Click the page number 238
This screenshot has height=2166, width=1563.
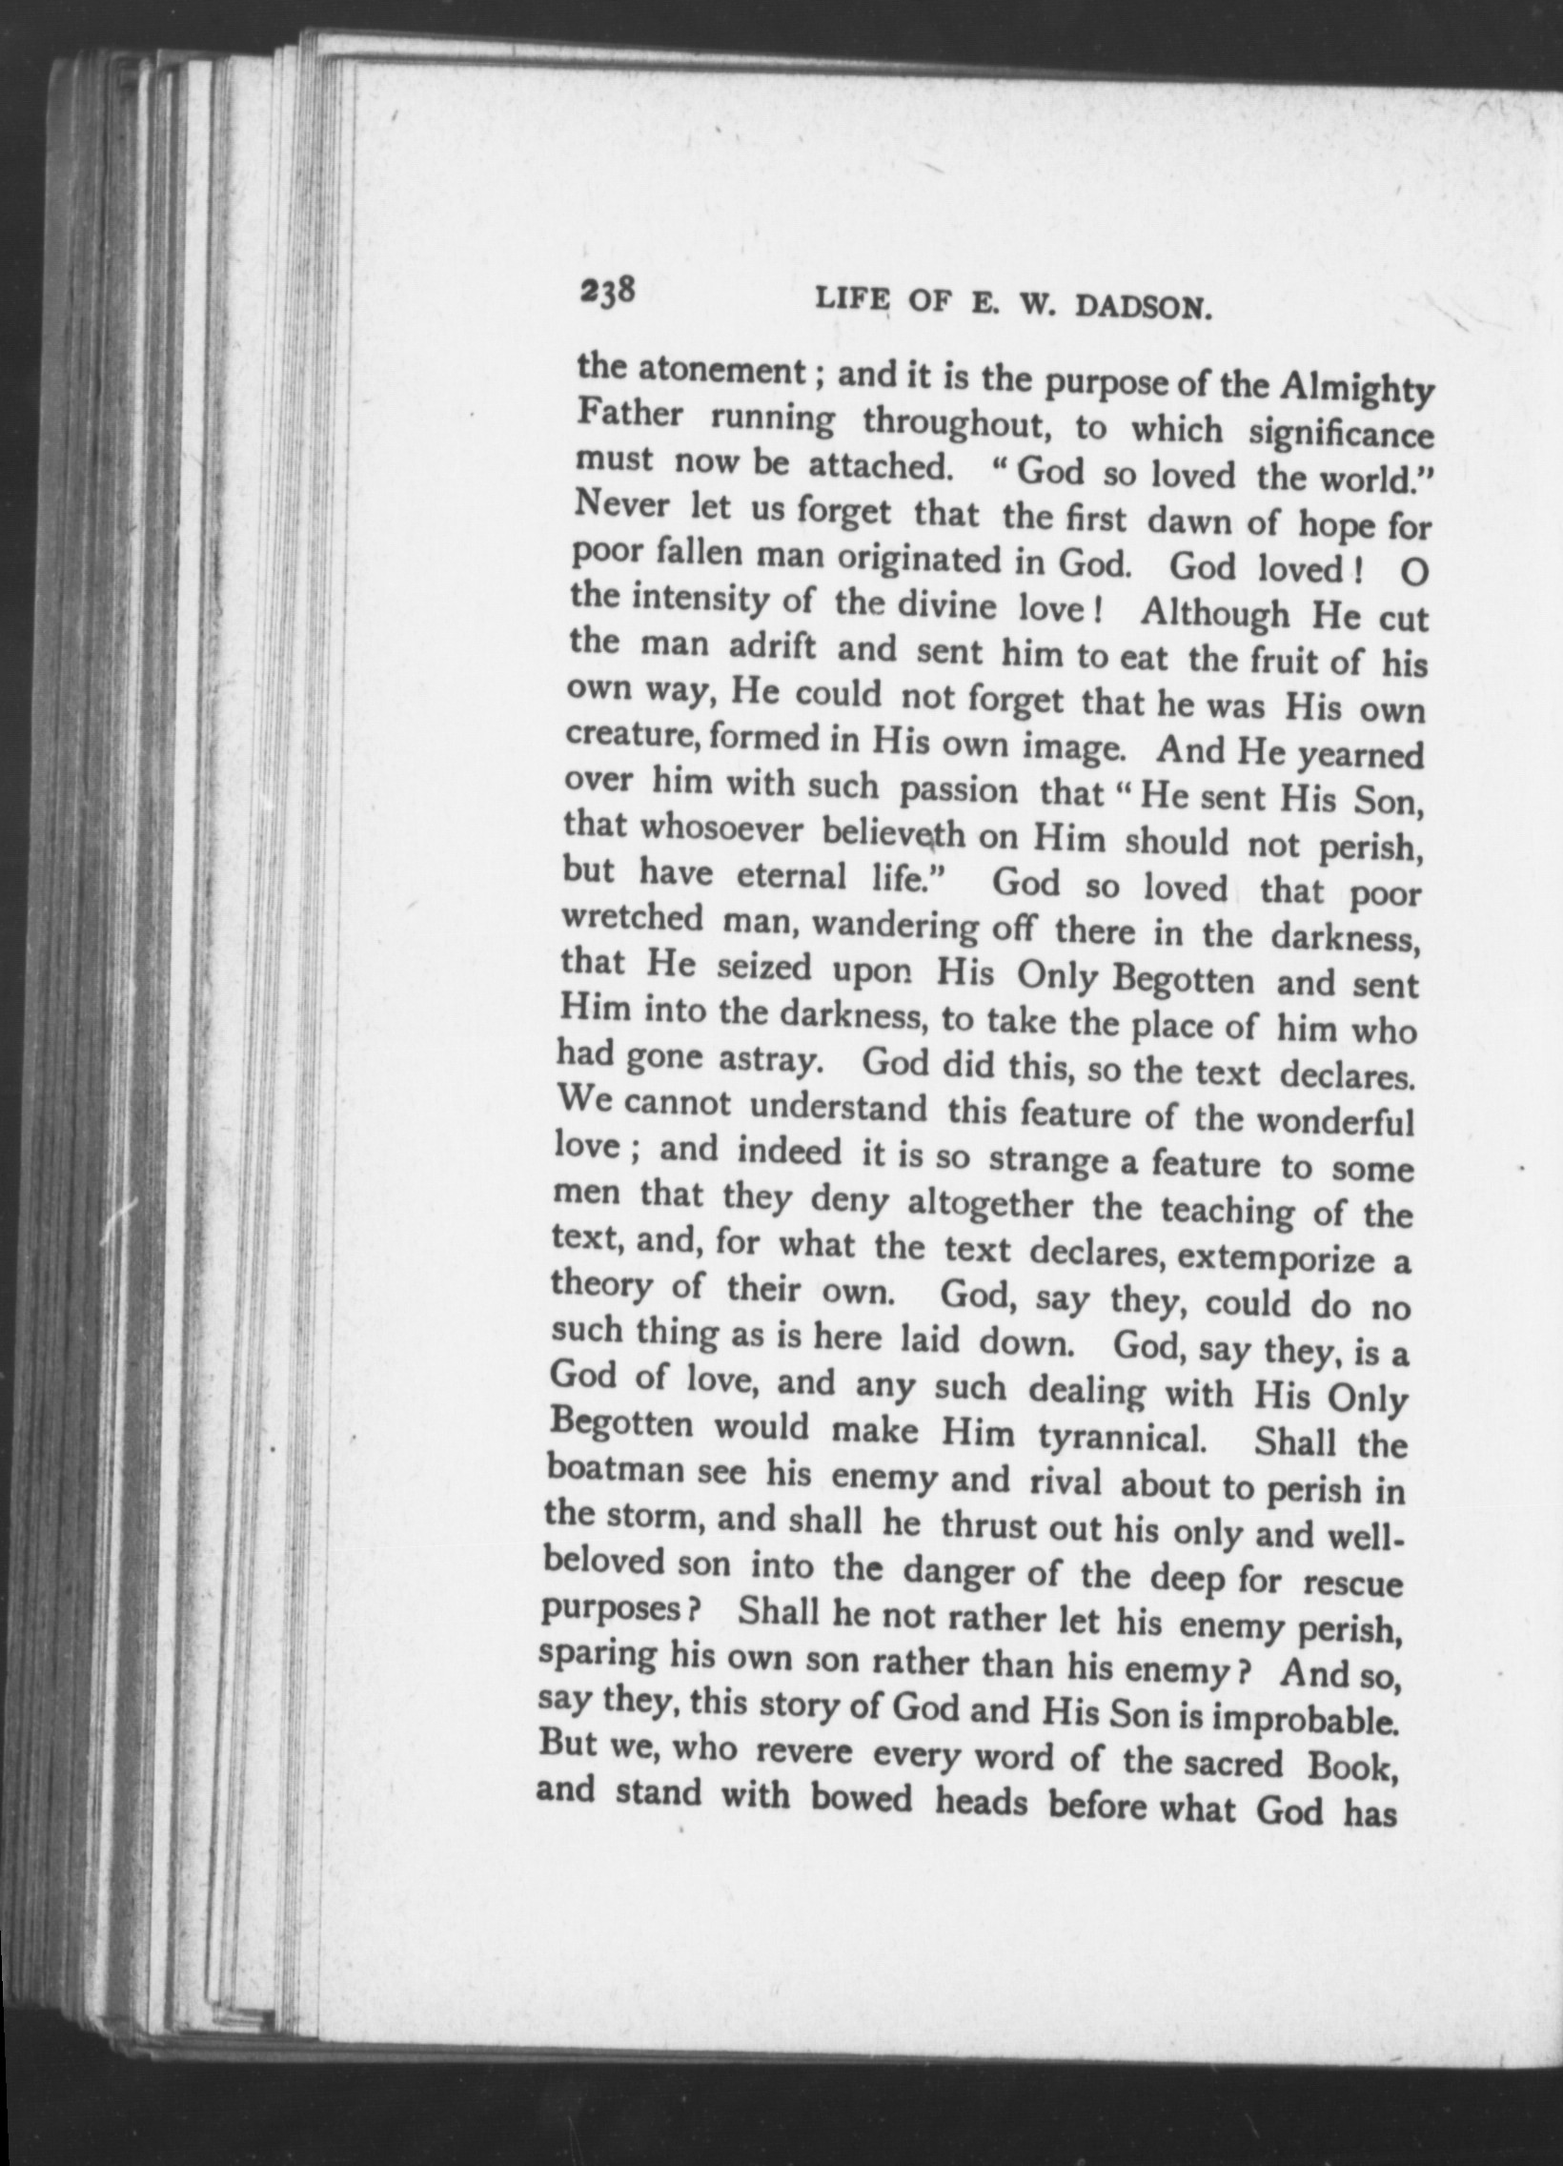pos(607,291)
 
